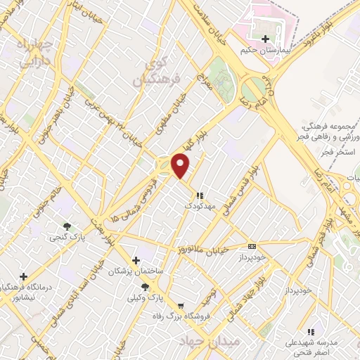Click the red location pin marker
[x=181, y=166]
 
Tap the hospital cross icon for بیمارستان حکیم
[x=265, y=39]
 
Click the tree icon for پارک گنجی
[x=67, y=226]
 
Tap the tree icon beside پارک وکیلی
[x=146, y=287]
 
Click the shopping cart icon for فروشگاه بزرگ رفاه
[x=181, y=306]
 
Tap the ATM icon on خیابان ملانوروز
[x=252, y=246]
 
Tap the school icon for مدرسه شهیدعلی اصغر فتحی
[x=310, y=332]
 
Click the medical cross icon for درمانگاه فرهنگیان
[x=24, y=276]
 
